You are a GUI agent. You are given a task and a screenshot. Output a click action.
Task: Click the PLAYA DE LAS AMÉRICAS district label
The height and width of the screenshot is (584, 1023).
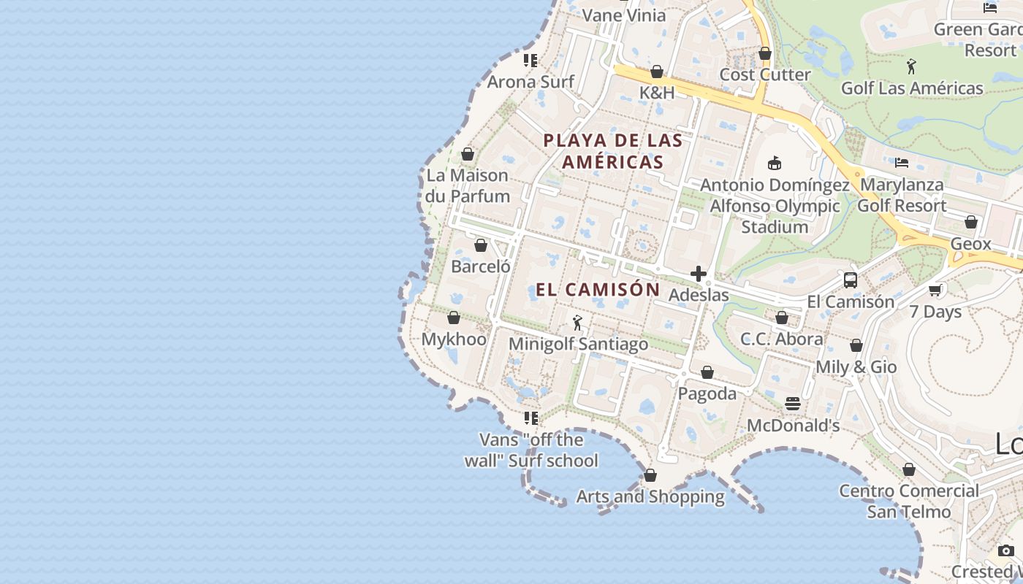(x=613, y=151)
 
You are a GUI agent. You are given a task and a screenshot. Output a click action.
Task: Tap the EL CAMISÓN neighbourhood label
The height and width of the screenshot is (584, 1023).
(x=598, y=290)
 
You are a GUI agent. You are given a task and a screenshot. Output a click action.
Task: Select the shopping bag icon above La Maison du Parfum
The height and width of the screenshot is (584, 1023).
(x=468, y=154)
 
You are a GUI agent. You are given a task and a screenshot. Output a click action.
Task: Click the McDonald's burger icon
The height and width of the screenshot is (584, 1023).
(x=793, y=404)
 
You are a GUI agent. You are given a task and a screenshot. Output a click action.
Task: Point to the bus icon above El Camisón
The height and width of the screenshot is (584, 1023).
(x=850, y=280)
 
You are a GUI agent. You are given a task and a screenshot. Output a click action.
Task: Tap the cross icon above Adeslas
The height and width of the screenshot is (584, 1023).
(x=699, y=274)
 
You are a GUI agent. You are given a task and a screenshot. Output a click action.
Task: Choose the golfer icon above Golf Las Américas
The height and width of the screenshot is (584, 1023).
(x=911, y=67)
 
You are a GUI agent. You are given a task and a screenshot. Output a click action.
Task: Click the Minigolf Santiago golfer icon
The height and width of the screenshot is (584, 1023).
(x=577, y=322)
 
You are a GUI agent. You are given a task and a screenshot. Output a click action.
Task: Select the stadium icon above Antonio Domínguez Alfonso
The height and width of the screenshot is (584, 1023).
(x=775, y=163)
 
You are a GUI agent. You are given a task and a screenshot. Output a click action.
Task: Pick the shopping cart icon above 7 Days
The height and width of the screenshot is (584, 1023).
(x=935, y=290)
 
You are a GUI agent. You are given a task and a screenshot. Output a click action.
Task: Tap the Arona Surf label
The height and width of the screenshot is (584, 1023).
(x=530, y=82)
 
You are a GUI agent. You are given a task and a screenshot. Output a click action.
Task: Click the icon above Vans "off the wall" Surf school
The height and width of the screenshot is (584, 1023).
(x=530, y=418)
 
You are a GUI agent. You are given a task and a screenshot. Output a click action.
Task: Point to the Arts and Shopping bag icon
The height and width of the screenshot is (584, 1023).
(x=650, y=475)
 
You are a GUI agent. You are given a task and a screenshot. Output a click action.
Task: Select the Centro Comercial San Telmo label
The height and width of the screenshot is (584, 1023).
(x=909, y=501)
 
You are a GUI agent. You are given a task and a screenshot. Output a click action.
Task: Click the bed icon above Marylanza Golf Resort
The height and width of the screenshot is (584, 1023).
(x=902, y=163)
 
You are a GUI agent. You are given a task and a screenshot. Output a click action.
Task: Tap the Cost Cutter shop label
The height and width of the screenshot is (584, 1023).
(x=765, y=74)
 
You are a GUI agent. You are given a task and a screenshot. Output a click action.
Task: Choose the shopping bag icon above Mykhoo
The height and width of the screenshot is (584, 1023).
(x=453, y=318)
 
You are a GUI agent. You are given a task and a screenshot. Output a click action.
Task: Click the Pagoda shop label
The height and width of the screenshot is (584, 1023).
(x=707, y=393)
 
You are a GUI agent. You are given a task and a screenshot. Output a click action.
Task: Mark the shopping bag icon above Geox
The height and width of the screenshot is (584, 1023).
(x=970, y=222)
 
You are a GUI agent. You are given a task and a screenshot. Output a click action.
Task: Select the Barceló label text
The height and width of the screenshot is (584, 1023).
(x=481, y=266)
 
